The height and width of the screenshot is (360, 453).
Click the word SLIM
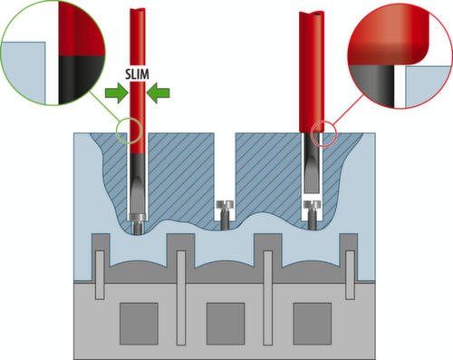coord(137,74)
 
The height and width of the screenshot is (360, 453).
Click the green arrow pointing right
coord(117,93)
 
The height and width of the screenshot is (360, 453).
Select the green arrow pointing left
coord(158,93)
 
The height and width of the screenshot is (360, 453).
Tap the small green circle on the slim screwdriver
coord(129,131)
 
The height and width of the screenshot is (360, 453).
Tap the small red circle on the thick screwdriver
coord(323,133)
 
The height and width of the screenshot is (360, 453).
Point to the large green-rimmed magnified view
coord(53,54)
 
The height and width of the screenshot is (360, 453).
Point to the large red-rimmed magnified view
coord(400,56)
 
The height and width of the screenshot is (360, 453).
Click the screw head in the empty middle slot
coord(224,205)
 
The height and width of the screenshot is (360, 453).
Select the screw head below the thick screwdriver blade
coord(312,205)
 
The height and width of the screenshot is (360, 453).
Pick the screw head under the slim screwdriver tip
coord(138,217)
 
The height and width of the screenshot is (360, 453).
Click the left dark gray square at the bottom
coord(139,324)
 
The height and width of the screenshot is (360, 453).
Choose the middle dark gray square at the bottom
coord(226,324)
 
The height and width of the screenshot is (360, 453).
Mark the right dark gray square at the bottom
coord(313,324)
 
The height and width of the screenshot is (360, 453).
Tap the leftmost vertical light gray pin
coord(100,275)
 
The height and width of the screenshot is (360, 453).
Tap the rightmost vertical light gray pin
coord(350,275)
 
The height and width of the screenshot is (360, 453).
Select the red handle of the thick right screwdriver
coord(312,72)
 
